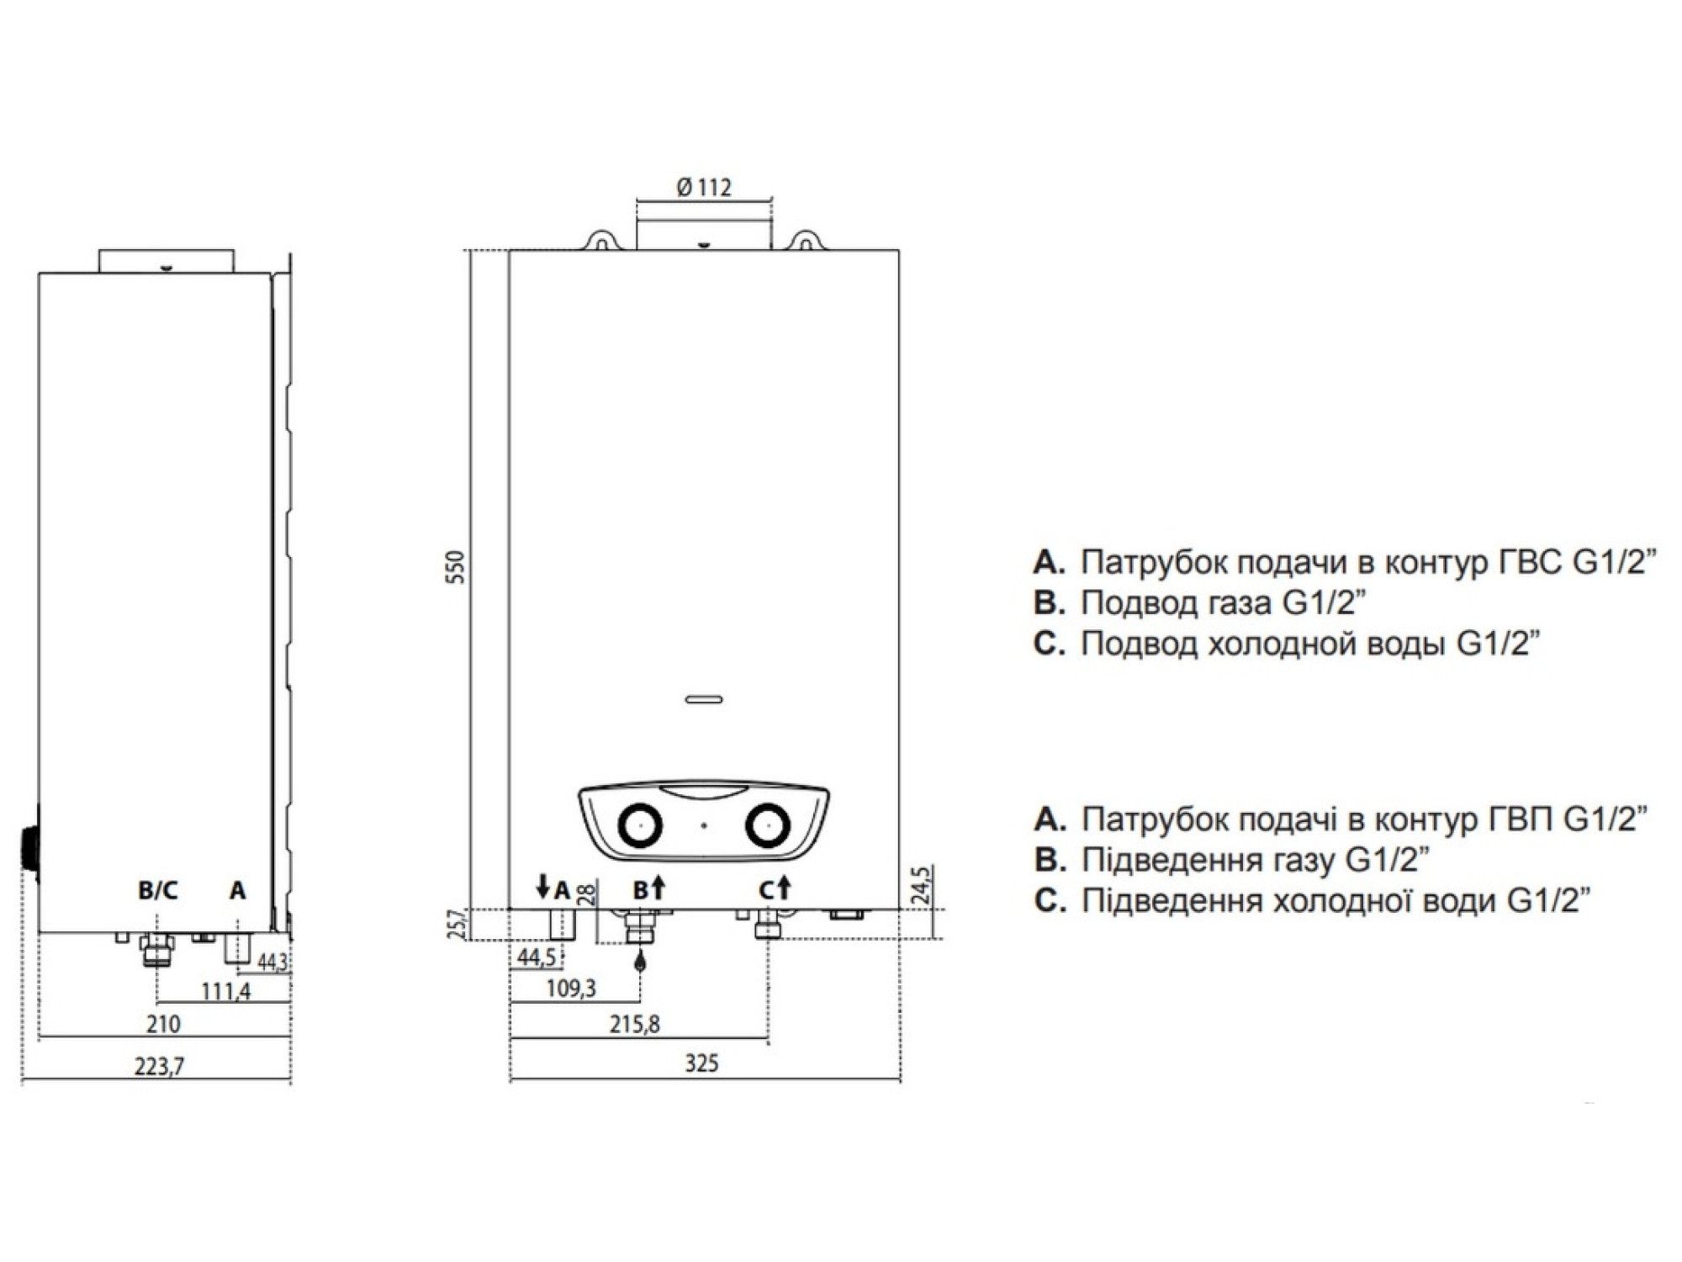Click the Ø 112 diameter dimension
point(703,187)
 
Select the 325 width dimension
point(701,1063)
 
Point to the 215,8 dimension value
point(636,1024)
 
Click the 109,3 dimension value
point(571,988)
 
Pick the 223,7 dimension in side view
point(159,1066)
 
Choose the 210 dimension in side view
point(163,1024)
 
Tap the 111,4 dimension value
point(225,991)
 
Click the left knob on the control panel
point(641,826)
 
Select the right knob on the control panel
point(766,826)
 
